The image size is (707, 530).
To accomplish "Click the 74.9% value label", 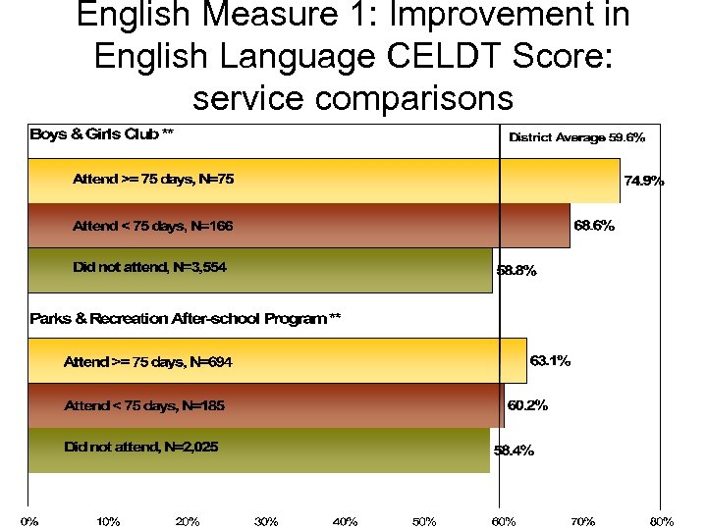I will click(x=644, y=181).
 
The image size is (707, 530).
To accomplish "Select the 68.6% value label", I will click(x=595, y=226).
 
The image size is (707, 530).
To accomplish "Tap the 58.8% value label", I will click(x=517, y=272).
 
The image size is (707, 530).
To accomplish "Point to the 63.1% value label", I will click(x=551, y=361).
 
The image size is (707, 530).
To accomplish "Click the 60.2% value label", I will click(x=527, y=405).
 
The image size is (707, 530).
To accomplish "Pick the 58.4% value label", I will click(x=514, y=451).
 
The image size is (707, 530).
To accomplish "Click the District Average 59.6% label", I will click(x=576, y=138).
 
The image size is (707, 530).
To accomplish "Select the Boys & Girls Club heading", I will click(x=102, y=134).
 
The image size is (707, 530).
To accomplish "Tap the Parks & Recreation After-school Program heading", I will click(x=186, y=319).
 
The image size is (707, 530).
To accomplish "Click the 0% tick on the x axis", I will click(x=29, y=521).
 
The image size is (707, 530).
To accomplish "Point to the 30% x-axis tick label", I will click(x=266, y=521).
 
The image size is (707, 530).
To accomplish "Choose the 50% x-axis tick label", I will click(x=424, y=521).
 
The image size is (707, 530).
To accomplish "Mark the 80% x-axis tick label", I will click(x=662, y=521).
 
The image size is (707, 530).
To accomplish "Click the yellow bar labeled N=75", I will click(x=324, y=181).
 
